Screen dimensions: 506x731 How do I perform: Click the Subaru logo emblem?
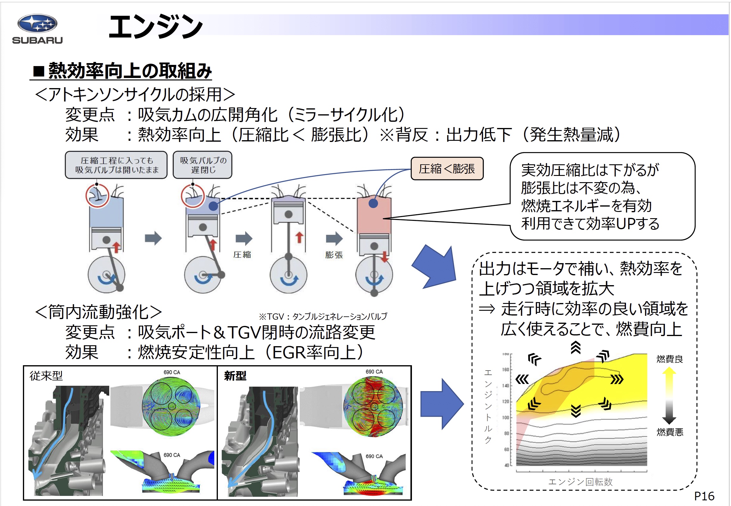(x=37, y=24)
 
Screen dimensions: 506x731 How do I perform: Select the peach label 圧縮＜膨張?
(x=447, y=169)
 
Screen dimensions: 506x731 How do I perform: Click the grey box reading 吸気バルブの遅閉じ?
(x=203, y=165)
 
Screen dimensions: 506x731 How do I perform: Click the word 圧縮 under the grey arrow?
(x=242, y=254)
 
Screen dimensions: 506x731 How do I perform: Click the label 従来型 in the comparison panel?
(x=46, y=376)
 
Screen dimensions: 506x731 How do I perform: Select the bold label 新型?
(x=235, y=376)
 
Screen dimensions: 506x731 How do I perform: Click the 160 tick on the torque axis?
(x=506, y=370)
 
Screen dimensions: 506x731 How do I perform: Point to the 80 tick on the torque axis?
(x=507, y=433)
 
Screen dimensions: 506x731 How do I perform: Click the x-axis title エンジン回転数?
(x=580, y=482)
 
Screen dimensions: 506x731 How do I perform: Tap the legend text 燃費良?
(x=669, y=359)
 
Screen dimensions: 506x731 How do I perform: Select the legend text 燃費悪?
(x=670, y=432)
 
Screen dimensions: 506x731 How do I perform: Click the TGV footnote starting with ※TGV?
(x=323, y=316)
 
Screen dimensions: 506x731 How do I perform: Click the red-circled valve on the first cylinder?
(x=97, y=196)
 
